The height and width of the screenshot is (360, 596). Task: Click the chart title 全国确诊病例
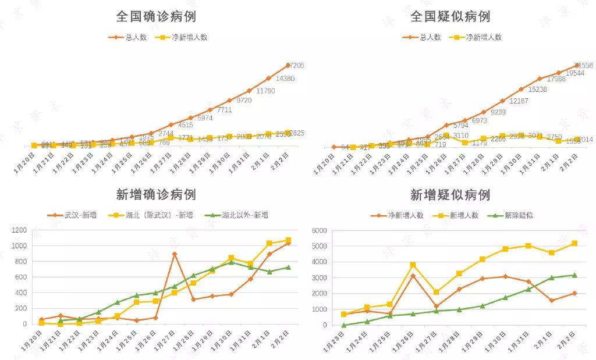pos(155,16)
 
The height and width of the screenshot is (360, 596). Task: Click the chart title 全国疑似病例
pos(450,16)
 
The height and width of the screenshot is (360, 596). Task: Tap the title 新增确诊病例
pos(156,195)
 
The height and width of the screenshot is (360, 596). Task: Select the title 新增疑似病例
pos(450,195)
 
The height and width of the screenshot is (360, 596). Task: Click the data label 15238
pos(538,90)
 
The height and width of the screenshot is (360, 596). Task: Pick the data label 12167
pos(519,101)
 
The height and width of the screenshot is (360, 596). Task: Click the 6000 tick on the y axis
pos(317,230)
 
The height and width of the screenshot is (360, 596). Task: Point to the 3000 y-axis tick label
pos(317,277)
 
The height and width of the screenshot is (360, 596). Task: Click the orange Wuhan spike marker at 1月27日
pos(175,254)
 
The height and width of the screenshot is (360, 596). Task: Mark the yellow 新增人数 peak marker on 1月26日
pos(413,265)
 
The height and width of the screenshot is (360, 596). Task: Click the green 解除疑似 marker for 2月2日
pos(575,275)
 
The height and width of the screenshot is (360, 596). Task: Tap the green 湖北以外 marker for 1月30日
pos(231,262)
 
